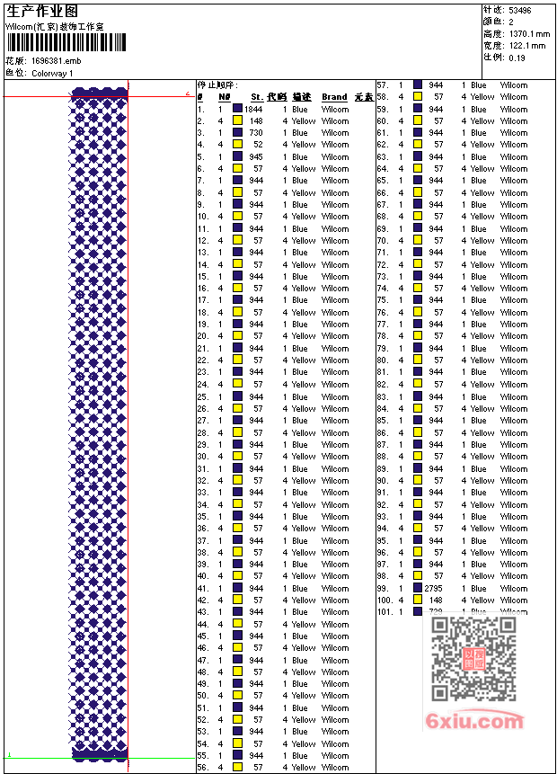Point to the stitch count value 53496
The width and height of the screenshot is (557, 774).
[x=519, y=10]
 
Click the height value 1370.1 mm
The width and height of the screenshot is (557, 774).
[x=528, y=33]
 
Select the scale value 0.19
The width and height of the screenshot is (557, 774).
[x=517, y=57]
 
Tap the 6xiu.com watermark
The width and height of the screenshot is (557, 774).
[x=476, y=721]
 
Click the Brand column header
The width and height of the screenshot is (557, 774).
[x=334, y=97]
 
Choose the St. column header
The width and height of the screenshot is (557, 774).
[x=257, y=97]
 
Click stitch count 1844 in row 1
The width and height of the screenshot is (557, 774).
[x=253, y=109]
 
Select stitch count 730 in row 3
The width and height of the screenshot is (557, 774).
[x=256, y=132]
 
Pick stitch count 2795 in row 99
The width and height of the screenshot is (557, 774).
[x=434, y=588]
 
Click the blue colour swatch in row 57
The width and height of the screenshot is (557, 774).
[x=418, y=85]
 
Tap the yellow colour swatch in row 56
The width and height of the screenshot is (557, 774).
[x=237, y=767]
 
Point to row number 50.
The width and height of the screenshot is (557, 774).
[x=203, y=695]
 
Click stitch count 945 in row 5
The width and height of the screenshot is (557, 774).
[x=256, y=156]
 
